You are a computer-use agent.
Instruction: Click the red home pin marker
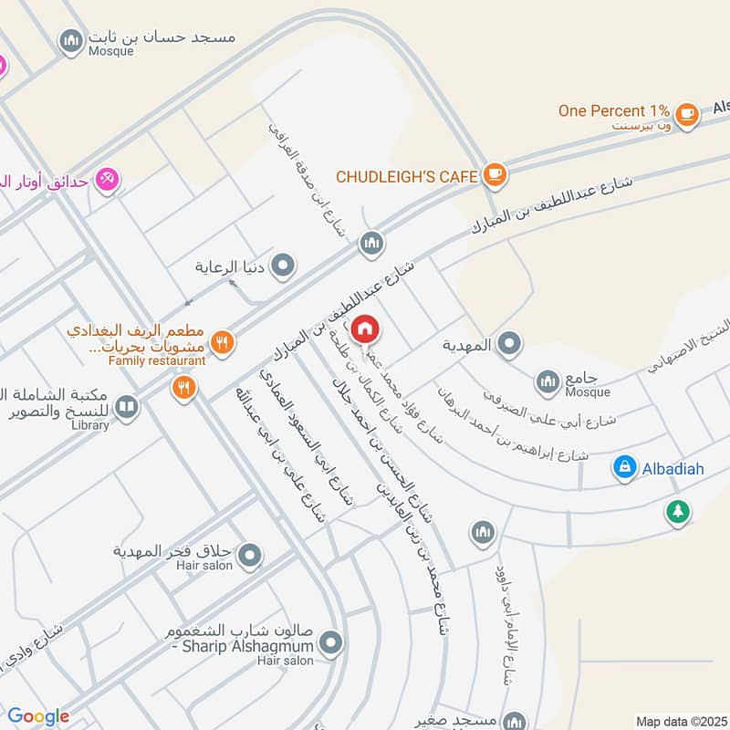365,328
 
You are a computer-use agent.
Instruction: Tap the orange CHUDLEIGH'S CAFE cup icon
494,174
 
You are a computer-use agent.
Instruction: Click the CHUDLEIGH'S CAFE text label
407,175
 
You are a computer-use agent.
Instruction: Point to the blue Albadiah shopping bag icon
624,467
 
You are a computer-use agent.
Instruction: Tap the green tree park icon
676,511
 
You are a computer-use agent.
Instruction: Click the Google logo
38,716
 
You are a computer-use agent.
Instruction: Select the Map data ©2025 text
681,721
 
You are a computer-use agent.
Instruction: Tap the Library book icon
127,407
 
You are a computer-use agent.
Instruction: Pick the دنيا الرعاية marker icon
285,266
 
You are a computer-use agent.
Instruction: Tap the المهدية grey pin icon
510,344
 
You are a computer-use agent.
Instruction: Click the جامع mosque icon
547,381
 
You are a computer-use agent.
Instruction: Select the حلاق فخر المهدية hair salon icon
251,554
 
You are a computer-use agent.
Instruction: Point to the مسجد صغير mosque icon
514,722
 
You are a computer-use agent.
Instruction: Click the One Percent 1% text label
614,111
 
